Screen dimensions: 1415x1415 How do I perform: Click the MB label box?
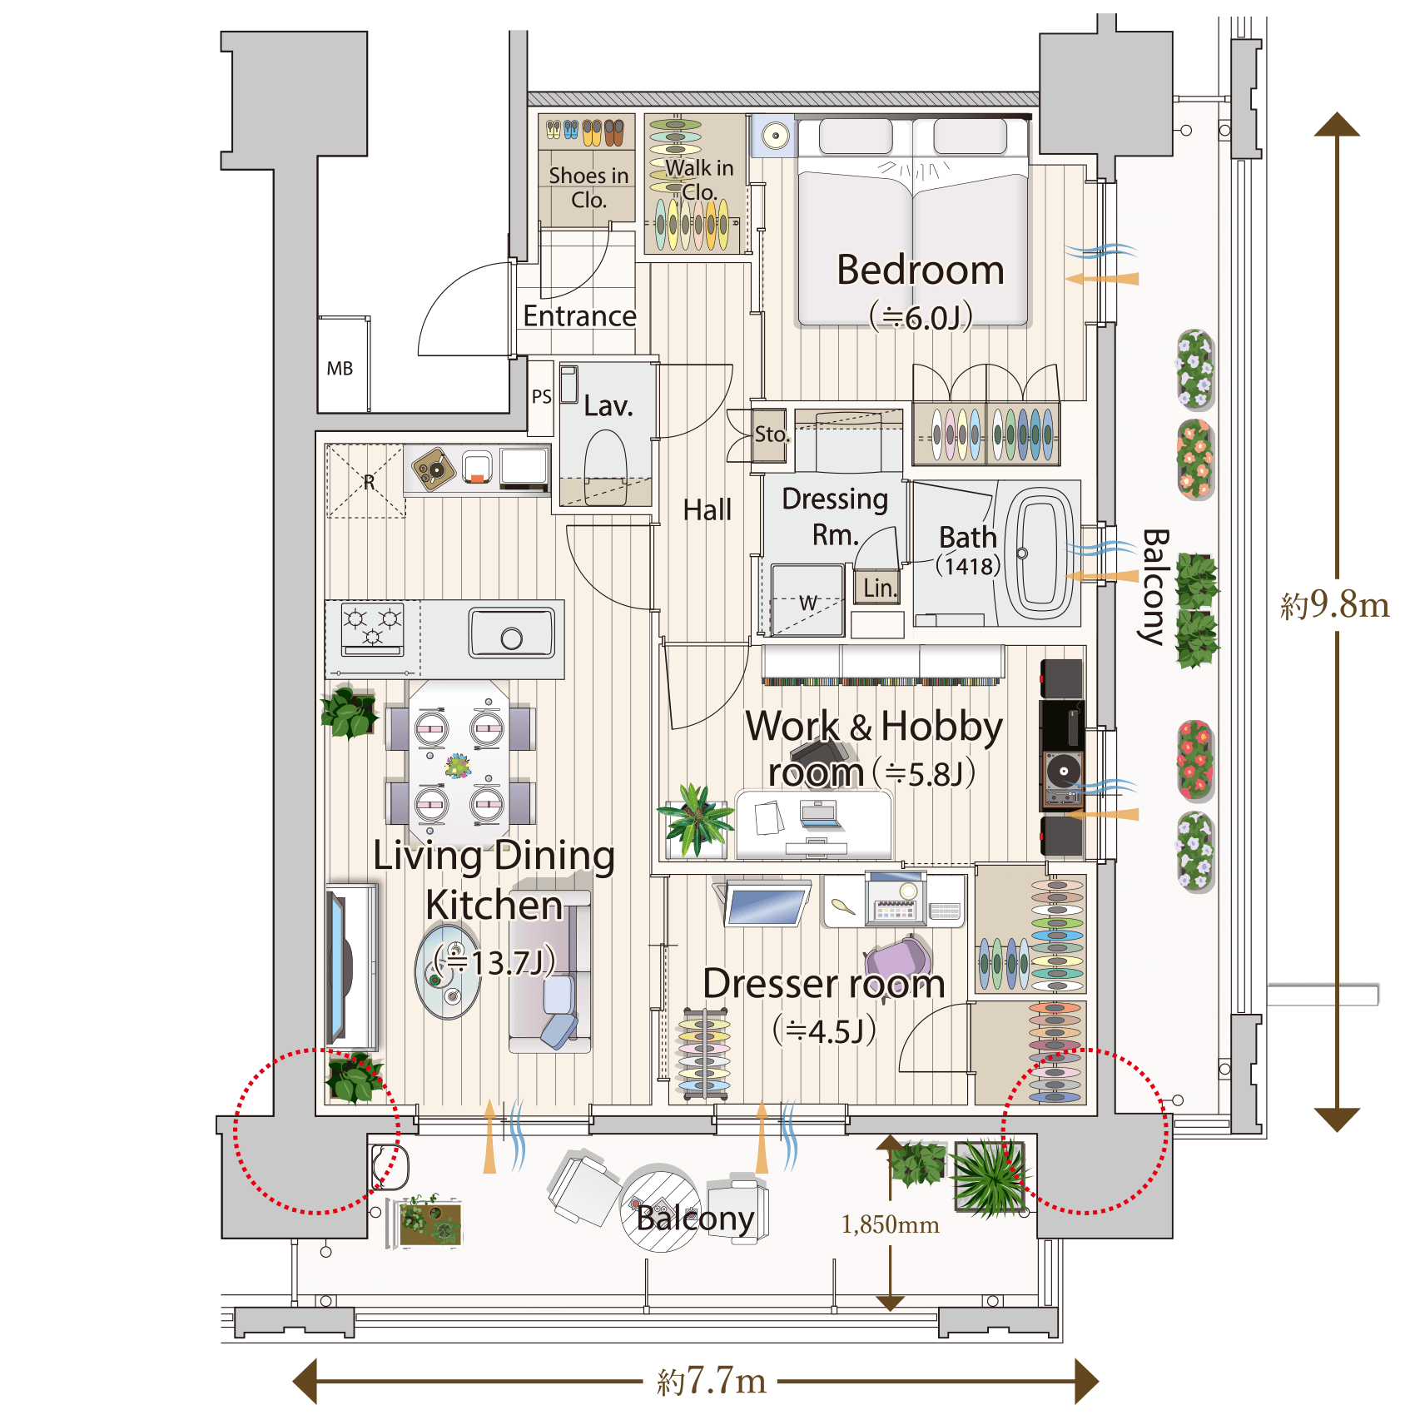(340, 368)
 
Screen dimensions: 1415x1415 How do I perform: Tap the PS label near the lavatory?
(542, 396)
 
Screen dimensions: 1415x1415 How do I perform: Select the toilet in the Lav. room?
(606, 466)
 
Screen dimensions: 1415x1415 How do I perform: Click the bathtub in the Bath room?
(1038, 552)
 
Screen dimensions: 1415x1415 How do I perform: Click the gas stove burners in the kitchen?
(373, 625)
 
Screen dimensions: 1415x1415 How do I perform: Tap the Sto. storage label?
(772, 434)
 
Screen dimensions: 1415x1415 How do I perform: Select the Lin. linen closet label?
(880, 588)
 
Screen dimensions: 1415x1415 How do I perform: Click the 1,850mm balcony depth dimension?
(890, 1224)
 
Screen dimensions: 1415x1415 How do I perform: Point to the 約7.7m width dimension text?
(712, 1381)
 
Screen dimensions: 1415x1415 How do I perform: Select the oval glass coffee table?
(448, 971)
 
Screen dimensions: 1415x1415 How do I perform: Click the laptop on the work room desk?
(819, 815)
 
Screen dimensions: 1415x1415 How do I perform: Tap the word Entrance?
(579, 316)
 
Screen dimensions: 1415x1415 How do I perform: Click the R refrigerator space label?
(369, 482)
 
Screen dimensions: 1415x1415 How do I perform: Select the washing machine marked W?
(807, 600)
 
